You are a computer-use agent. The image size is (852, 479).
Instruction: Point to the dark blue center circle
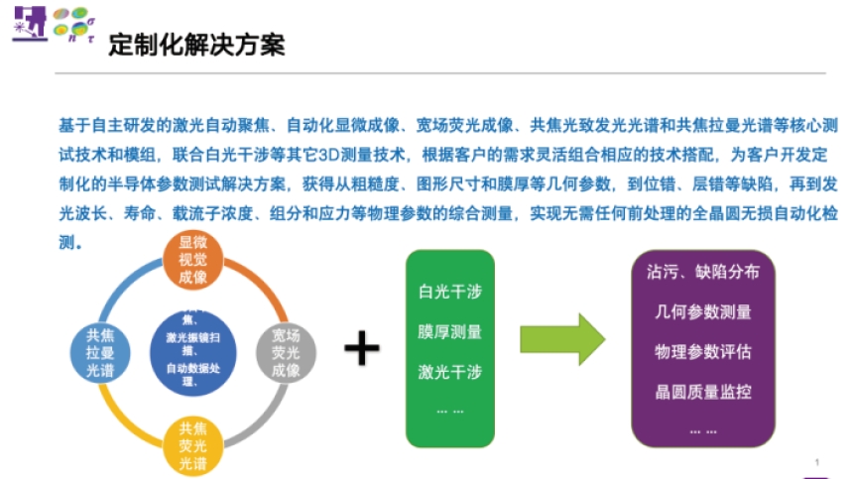pyautogui.click(x=192, y=354)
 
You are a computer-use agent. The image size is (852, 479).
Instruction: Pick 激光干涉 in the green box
pyautogui.click(x=449, y=372)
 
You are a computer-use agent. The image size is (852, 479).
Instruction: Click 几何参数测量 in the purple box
pyautogui.click(x=702, y=311)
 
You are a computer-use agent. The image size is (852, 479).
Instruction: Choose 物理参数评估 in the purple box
pyautogui.click(x=702, y=352)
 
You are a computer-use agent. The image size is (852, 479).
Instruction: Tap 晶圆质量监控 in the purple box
pyautogui.click(x=702, y=392)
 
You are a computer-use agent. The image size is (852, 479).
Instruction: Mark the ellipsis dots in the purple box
pyautogui.click(x=702, y=429)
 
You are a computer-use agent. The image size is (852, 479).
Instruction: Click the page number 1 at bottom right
pyautogui.click(x=817, y=462)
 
